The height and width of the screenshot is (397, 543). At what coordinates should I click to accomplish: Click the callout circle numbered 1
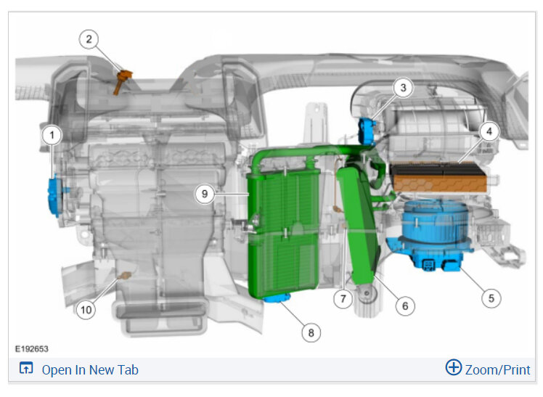[52, 135]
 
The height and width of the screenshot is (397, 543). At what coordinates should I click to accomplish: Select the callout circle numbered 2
[89, 39]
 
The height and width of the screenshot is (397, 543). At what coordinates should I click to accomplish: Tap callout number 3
[403, 88]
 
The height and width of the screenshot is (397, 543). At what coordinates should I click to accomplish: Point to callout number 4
[489, 131]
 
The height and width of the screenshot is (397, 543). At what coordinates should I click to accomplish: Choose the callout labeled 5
[491, 298]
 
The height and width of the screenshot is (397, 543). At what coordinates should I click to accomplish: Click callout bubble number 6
[405, 306]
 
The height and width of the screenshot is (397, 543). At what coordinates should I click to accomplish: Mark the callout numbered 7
[343, 298]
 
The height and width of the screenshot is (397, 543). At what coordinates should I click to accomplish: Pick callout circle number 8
[311, 332]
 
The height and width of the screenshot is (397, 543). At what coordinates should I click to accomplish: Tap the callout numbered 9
[205, 194]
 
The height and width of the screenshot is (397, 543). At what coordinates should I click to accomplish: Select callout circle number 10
[86, 309]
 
